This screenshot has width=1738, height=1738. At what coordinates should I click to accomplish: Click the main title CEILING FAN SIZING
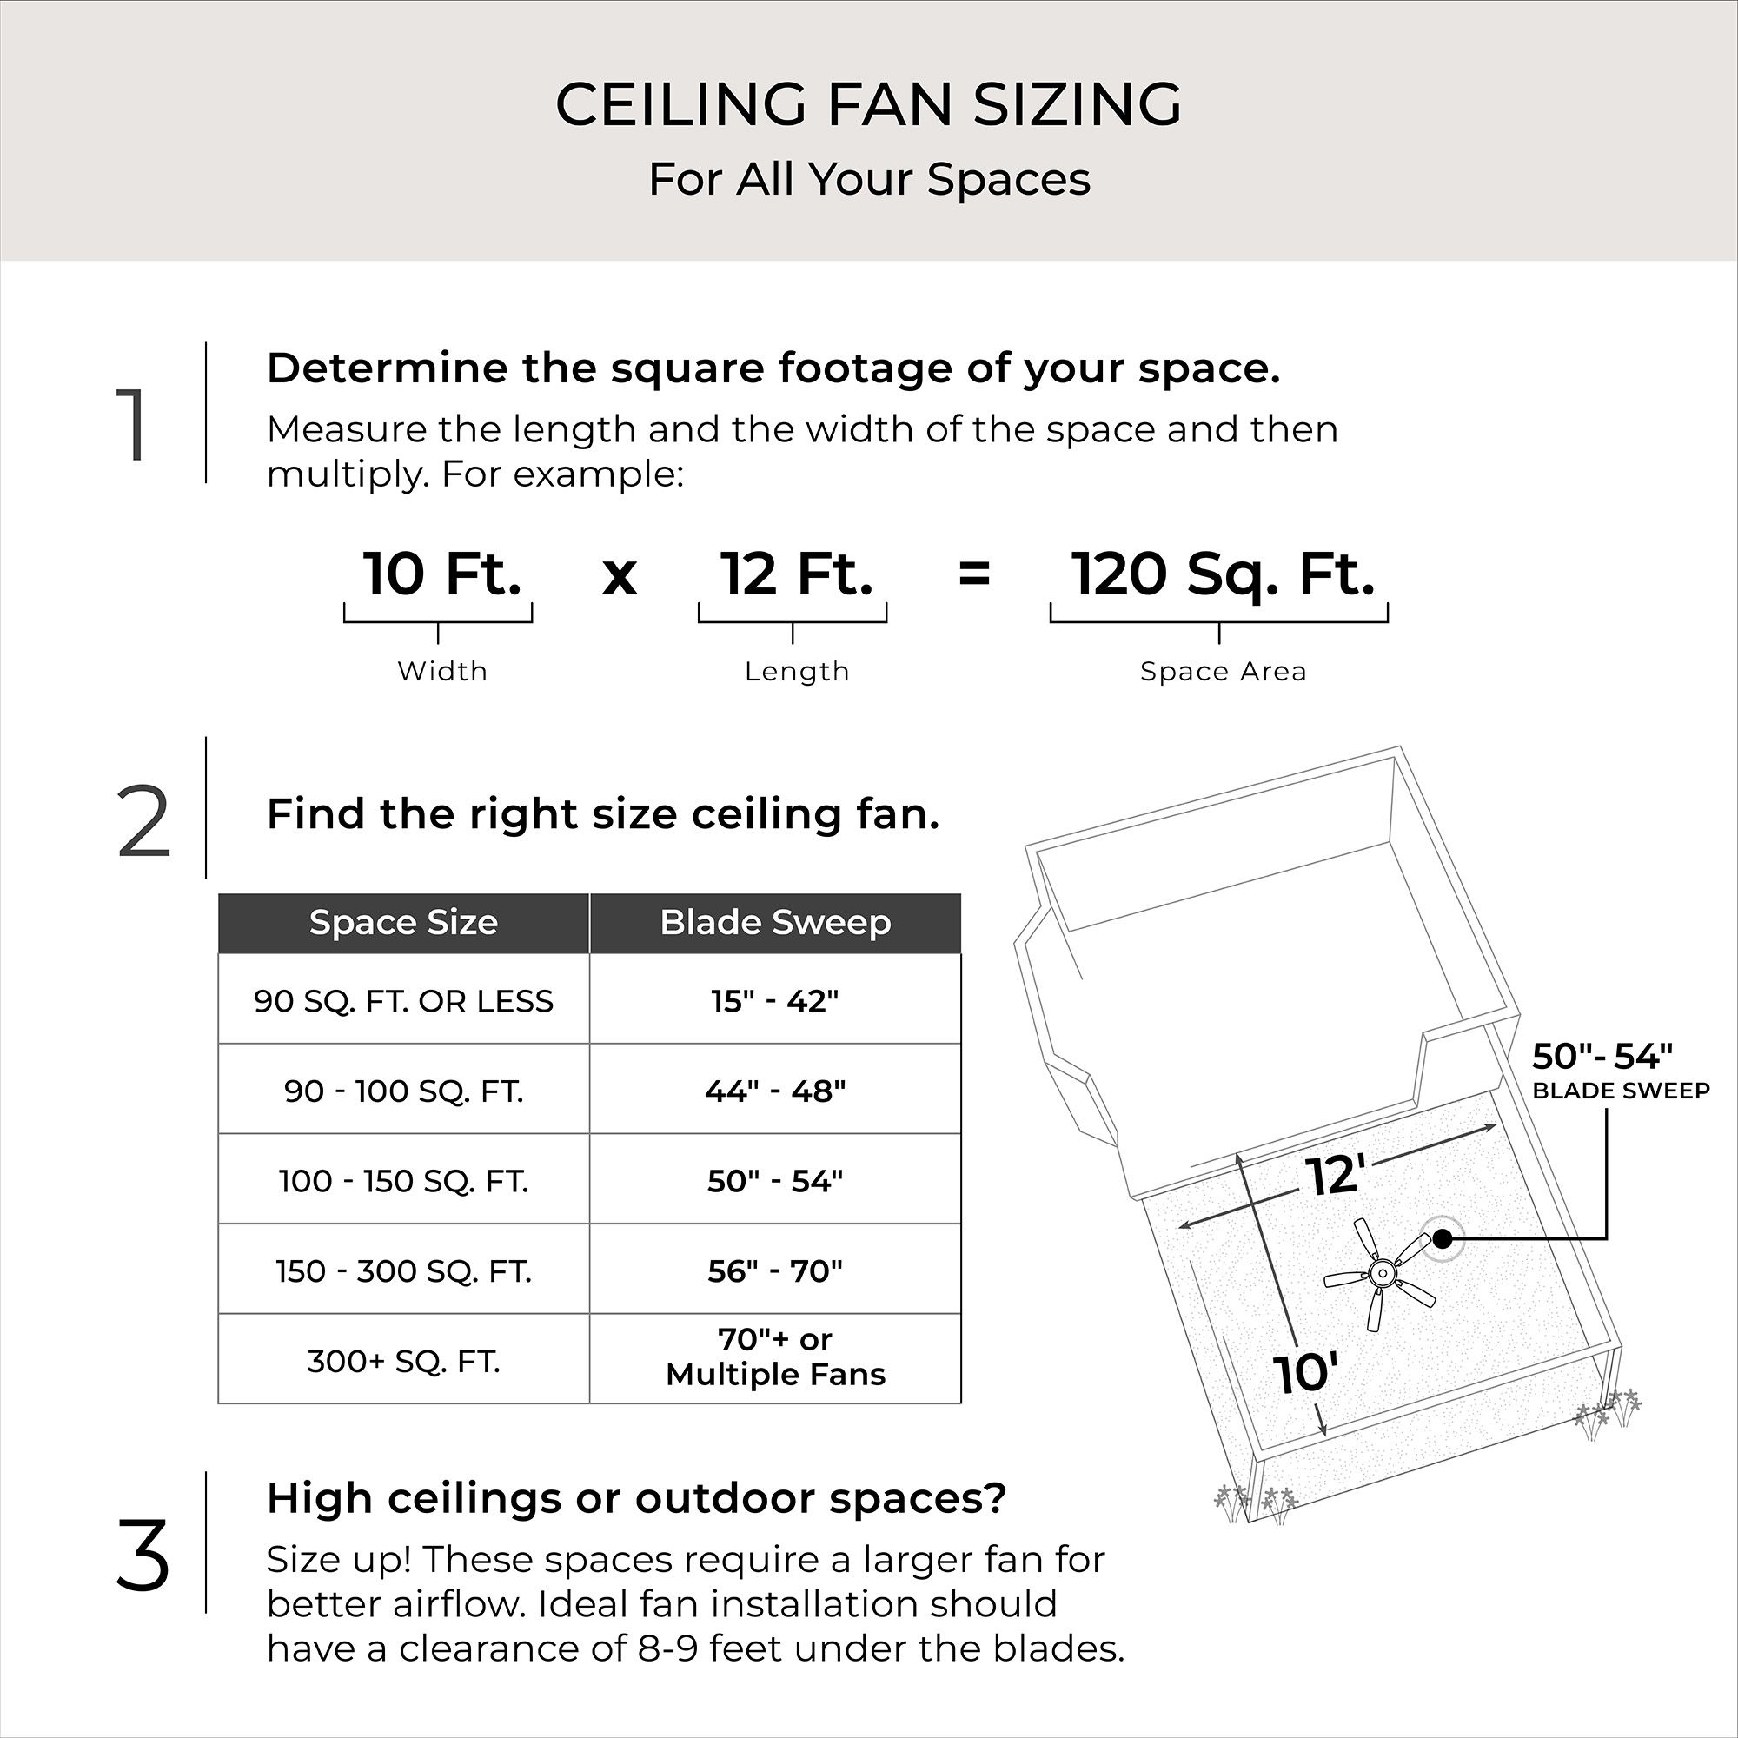point(868,104)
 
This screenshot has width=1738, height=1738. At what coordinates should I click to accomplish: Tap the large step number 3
point(143,1556)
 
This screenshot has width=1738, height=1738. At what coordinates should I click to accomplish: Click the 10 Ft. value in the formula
point(441,574)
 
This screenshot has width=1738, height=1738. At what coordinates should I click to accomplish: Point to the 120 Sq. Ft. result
point(1222,574)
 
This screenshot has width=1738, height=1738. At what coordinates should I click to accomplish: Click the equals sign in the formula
point(974,574)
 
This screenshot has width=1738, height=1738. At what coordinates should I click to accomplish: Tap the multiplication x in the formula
point(619,576)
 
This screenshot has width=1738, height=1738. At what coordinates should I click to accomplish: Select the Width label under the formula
point(441,671)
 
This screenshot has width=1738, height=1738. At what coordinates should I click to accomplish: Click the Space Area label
point(1223,671)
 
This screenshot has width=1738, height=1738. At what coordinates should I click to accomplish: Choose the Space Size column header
point(403,923)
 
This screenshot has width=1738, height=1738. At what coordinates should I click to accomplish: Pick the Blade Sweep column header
point(775,923)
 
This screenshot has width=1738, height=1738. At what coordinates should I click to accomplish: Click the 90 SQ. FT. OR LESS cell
point(403,1001)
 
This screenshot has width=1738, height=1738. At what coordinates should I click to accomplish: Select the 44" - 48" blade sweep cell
point(775,1091)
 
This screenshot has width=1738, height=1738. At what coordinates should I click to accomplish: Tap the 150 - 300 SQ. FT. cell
point(403,1271)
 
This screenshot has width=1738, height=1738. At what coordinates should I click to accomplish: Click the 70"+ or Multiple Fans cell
point(775,1357)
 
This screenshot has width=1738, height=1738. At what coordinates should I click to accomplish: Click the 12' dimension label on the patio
point(1335,1175)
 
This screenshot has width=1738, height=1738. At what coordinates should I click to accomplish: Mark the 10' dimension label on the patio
point(1305,1374)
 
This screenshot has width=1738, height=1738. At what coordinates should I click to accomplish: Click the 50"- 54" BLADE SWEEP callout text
point(1619,1071)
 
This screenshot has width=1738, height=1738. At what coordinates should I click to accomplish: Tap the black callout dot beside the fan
point(1442,1238)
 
